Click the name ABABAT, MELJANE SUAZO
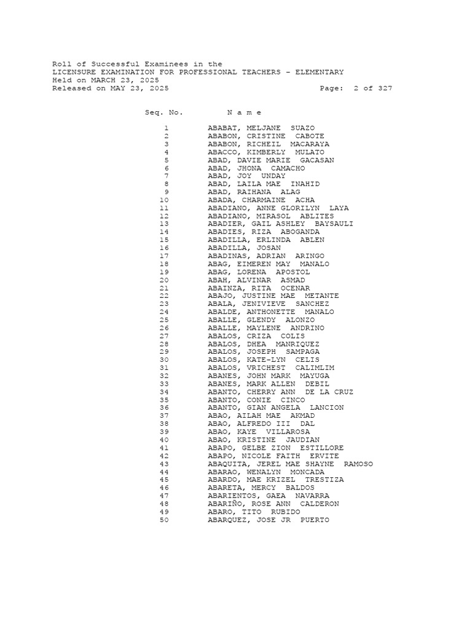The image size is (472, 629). (261, 128)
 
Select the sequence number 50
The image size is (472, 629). (163, 520)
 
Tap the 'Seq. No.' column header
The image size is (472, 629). (164, 112)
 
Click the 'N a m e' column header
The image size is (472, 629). (244, 112)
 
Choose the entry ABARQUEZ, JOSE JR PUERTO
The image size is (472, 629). (268, 520)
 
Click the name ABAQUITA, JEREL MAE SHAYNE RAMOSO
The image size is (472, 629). (290, 464)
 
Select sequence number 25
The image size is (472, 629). (163, 320)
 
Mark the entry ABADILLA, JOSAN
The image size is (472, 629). (244, 248)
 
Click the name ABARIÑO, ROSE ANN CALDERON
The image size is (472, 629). (273, 504)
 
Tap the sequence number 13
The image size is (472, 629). (163, 224)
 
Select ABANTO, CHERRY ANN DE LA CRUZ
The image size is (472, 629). (280, 392)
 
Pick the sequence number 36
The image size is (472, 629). (163, 408)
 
